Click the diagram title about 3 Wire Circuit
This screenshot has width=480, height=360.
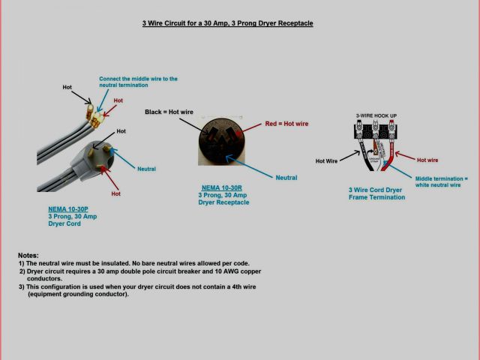[228, 23]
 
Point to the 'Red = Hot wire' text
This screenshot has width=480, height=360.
[286, 124]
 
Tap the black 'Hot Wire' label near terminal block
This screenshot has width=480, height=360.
[326, 160]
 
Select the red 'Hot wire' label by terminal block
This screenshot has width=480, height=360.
[427, 160]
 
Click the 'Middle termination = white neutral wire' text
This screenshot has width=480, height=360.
[441, 181]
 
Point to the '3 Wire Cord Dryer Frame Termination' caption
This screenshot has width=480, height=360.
[376, 193]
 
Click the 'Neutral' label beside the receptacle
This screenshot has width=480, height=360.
[286, 178]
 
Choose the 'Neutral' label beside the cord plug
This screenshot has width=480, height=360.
[146, 168]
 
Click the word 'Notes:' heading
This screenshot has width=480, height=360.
[28, 256]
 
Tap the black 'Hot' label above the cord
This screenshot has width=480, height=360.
[67, 88]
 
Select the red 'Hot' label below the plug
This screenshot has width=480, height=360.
[116, 193]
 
